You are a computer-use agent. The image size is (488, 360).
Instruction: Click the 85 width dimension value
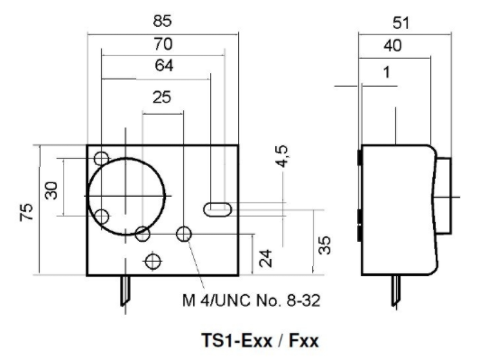[162, 21]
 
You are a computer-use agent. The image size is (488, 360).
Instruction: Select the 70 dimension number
[163, 44]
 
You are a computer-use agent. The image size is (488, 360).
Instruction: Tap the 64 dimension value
[164, 66]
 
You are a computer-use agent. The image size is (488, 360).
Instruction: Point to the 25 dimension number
[161, 97]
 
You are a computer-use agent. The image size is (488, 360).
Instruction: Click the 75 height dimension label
[26, 212]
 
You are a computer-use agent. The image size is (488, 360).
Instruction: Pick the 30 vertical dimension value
[51, 190]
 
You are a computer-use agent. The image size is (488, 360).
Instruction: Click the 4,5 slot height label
[282, 156]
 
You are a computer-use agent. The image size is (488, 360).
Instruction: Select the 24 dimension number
[265, 258]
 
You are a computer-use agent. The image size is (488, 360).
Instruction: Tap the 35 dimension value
[325, 245]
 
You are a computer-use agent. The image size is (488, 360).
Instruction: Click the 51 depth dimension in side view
[401, 23]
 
